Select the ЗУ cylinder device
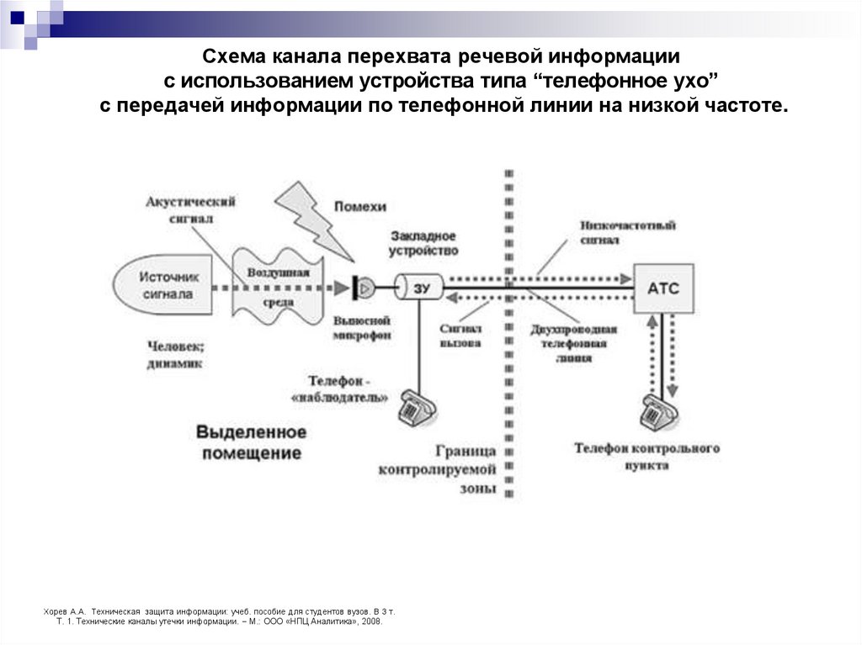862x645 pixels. point(419,288)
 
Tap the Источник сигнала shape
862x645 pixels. point(165,285)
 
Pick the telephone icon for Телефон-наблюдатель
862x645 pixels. point(417,408)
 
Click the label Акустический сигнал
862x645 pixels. point(190,209)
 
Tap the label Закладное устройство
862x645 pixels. point(423,243)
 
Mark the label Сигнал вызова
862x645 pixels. point(460,336)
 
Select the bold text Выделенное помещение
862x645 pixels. point(251,442)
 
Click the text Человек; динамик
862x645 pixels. point(175,354)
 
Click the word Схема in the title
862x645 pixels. point(236,57)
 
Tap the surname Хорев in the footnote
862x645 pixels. point(56,611)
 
